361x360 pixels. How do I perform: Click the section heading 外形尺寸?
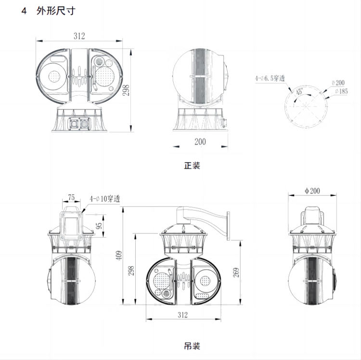pyautogui.click(x=56, y=11)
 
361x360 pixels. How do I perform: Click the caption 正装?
pyautogui.click(x=192, y=166)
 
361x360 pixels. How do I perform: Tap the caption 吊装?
pyautogui.click(x=192, y=346)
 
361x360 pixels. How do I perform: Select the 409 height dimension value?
pyautogui.click(x=119, y=255)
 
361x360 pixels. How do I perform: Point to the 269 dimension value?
pyautogui.click(x=236, y=272)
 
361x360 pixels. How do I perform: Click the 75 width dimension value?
pyautogui.click(x=71, y=197)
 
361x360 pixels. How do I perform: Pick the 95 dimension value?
pyautogui.click(x=99, y=226)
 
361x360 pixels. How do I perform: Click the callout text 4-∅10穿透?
pyautogui.click(x=105, y=199)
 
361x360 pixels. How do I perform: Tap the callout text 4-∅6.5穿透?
pyautogui.click(x=270, y=78)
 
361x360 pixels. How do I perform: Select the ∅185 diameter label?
pyautogui.click(x=341, y=91)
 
